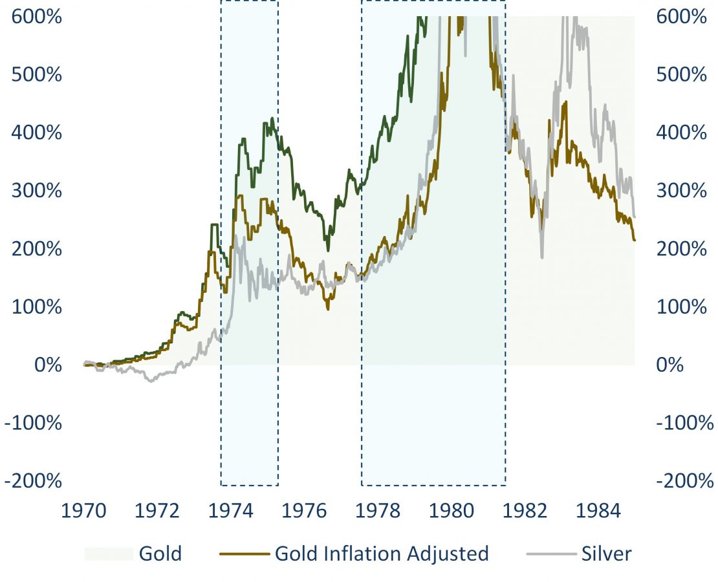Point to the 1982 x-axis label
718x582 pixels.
[x=525, y=511]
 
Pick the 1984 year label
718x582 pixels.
[x=598, y=511]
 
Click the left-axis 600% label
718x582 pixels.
[x=36, y=16]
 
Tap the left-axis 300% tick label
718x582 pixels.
[x=36, y=191]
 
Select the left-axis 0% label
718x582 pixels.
[x=48, y=365]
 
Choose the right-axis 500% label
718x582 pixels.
[x=682, y=74]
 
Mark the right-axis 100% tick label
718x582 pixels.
[x=682, y=307]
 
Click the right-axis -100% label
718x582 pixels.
[x=685, y=423]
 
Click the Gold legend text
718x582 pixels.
[x=160, y=554]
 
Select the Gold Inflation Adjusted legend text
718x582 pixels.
[x=382, y=554]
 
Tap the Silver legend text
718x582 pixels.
[x=606, y=554]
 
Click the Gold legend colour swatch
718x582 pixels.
[x=108, y=554]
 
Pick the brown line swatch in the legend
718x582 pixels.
[x=244, y=554]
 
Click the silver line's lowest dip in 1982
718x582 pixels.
[x=541, y=257]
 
